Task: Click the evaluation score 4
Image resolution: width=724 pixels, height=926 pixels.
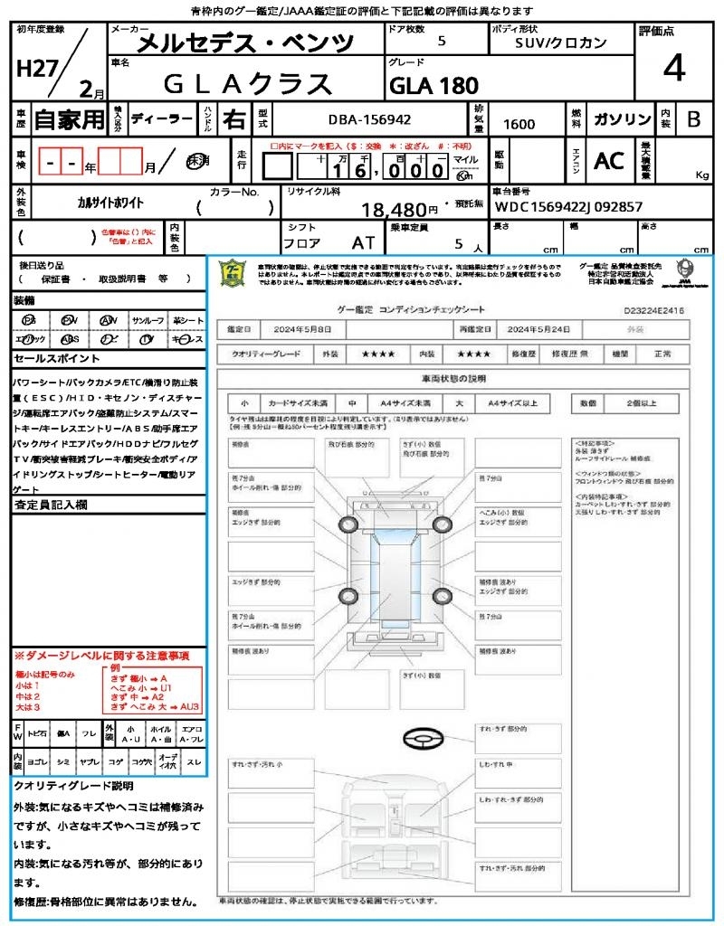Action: (673, 69)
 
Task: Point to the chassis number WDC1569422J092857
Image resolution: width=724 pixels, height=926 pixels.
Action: (568, 207)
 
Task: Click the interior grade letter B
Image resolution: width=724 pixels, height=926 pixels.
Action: (693, 119)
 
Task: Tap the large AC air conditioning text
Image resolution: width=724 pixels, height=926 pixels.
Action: (609, 161)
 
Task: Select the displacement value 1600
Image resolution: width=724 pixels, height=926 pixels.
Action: (519, 124)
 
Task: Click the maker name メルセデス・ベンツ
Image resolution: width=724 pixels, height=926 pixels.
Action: (245, 43)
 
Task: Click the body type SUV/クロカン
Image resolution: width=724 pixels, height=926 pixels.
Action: (561, 43)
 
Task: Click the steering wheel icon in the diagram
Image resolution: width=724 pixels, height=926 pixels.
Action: (422, 739)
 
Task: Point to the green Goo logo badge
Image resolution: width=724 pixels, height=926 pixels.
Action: (233, 273)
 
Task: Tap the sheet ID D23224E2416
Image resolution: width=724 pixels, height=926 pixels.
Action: (653, 309)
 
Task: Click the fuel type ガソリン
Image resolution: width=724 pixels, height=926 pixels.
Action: (622, 119)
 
